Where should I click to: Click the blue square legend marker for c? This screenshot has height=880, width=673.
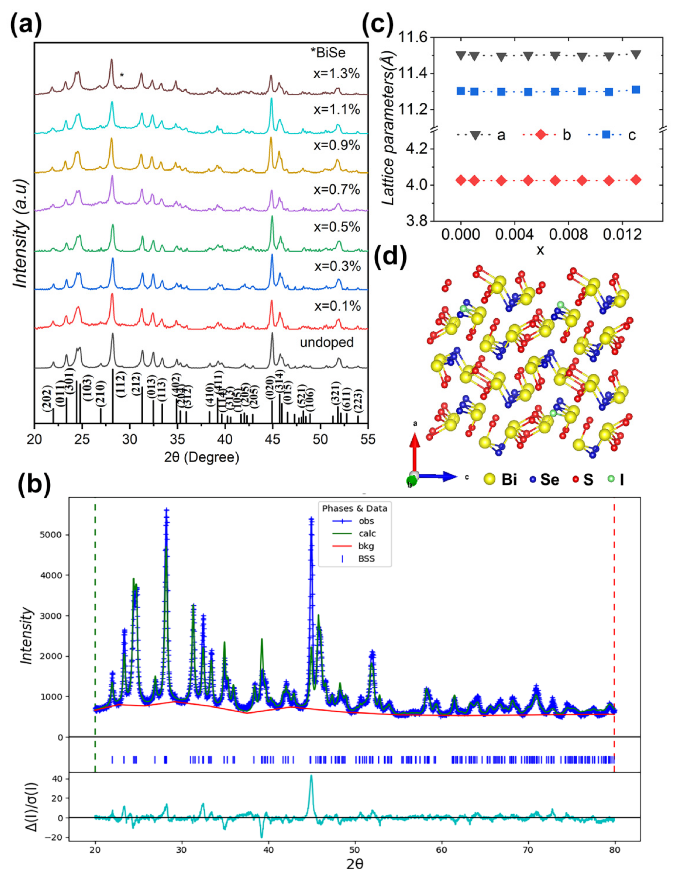coord(606,135)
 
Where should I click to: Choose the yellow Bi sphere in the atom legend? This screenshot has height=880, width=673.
coord(489,479)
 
